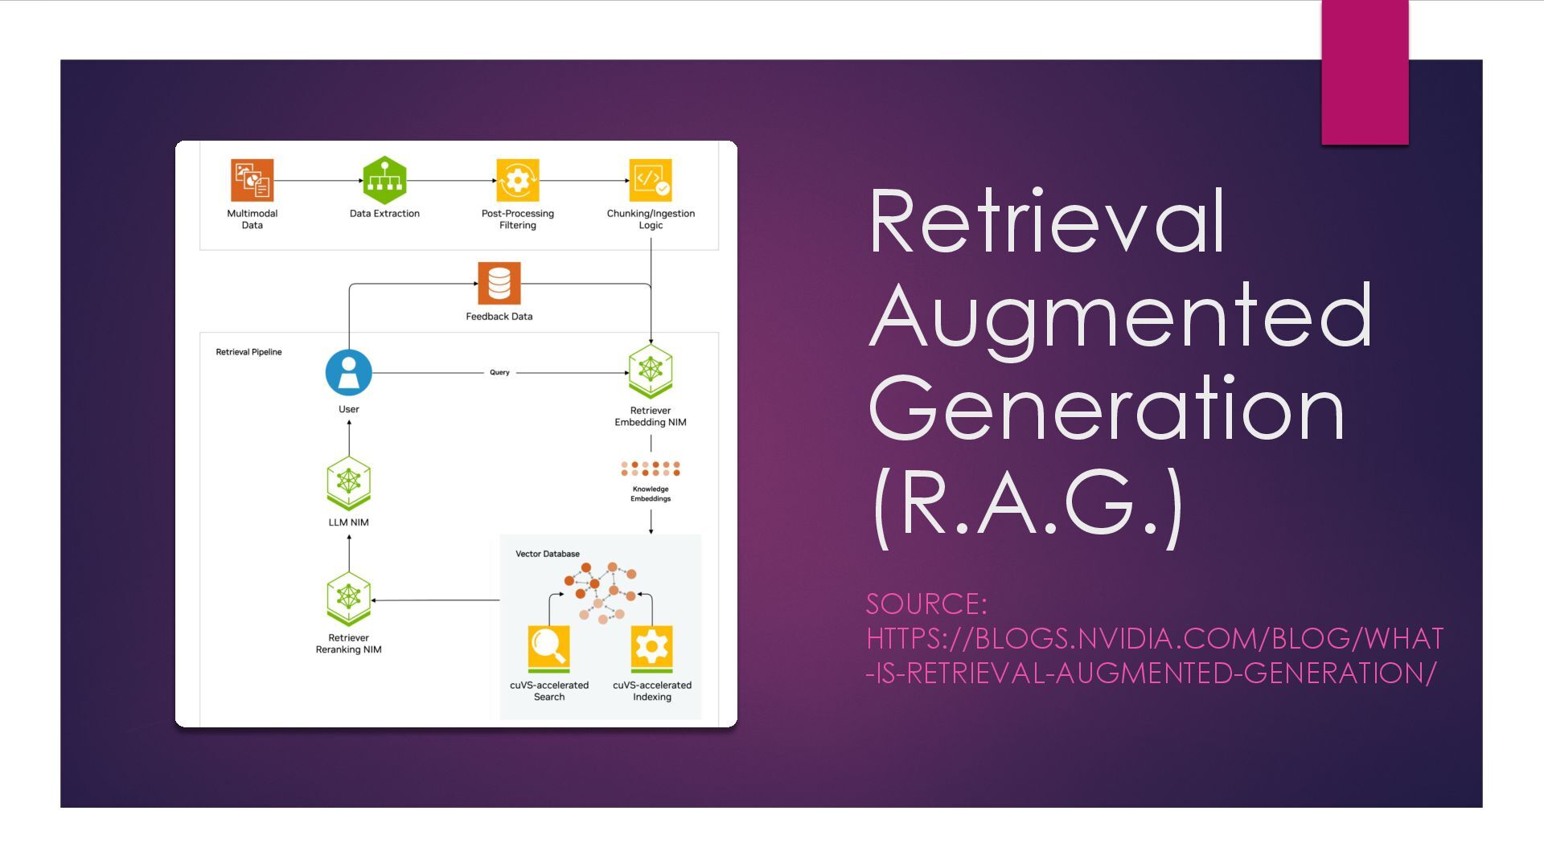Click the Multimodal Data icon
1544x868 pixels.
(253, 180)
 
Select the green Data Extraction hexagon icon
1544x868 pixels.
(384, 180)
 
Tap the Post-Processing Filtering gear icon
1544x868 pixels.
(517, 180)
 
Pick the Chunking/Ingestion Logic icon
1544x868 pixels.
(651, 180)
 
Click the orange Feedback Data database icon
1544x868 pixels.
(499, 284)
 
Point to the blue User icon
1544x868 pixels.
(348, 372)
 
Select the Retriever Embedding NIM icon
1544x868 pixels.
(651, 371)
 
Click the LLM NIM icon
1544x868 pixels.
(348, 483)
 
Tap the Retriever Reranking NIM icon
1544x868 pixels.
(348, 599)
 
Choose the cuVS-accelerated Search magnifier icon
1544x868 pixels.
(549, 649)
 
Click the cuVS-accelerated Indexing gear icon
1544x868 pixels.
(651, 649)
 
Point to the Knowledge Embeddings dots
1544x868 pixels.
(651, 469)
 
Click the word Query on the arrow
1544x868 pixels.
(499, 372)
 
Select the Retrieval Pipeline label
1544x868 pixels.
(248, 352)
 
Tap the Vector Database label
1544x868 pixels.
(547, 554)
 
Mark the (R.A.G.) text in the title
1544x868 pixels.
(1028, 504)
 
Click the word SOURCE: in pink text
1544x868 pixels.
(926, 604)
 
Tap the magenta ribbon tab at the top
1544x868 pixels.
(1365, 72)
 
